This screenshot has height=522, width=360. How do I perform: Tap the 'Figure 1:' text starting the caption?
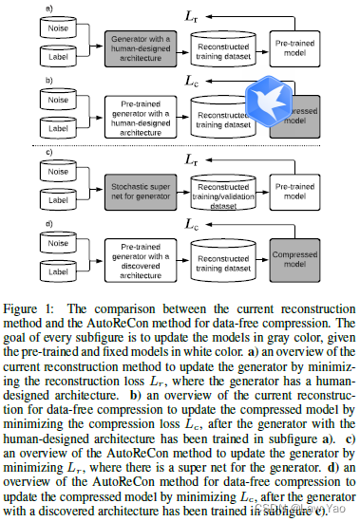[x=28, y=309]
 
